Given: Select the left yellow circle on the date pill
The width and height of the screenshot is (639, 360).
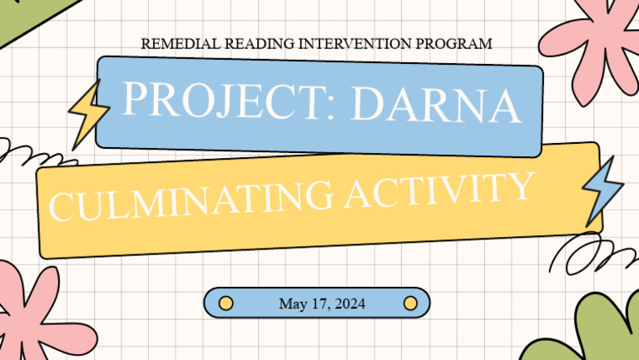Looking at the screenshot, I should coord(225,303).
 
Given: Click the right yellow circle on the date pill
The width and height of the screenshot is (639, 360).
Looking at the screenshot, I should coord(409,303).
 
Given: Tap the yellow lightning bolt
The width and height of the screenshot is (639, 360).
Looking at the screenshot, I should coord(87,114).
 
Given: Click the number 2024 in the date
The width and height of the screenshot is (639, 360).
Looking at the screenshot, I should coord(348,303).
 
